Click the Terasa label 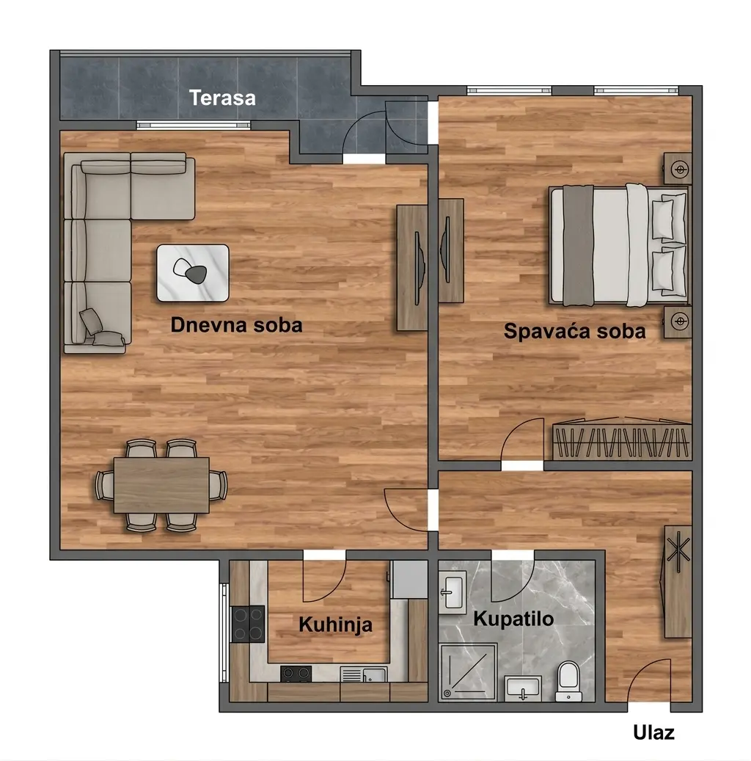[222, 98]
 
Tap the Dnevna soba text [236, 324]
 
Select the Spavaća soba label [575, 331]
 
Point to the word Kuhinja [335, 625]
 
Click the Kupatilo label [513, 619]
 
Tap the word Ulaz [653, 732]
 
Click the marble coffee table [193, 273]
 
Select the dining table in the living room [161, 485]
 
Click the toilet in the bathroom [568, 681]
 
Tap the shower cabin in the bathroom [468, 672]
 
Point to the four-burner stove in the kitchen [247, 624]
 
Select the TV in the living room [419, 268]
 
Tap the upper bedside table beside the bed [678, 168]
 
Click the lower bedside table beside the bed [678, 321]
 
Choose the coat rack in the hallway [678, 581]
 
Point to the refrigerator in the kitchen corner [409, 580]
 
